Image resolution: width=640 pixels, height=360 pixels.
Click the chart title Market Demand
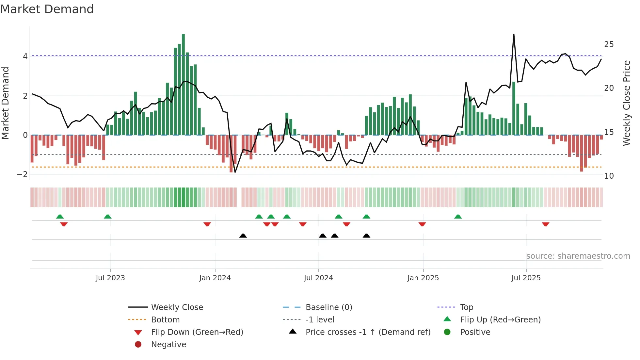[47, 9]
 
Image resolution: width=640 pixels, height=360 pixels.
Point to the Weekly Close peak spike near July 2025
[514, 35]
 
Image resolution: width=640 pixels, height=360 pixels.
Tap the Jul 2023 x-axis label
[110, 278]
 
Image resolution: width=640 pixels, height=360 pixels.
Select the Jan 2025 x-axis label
[423, 278]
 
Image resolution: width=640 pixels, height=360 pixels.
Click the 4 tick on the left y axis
[25, 57]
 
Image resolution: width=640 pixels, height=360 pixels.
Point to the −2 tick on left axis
[23, 174]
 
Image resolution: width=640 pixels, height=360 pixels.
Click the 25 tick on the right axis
[609, 44]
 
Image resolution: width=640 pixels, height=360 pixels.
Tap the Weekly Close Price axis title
[626, 103]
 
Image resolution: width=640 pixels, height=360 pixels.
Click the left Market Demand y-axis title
[5, 103]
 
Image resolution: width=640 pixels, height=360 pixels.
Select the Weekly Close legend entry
[177, 307]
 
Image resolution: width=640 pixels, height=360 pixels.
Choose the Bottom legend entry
[165, 320]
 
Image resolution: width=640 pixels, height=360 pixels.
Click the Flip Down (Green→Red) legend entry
[197, 332]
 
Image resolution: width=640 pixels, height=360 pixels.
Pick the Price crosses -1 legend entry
[368, 332]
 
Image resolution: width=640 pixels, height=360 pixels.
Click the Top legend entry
[466, 307]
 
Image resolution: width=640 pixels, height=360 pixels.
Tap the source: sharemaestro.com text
[578, 256]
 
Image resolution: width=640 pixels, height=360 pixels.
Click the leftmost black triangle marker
[243, 236]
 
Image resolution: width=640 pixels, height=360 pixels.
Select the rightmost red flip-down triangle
[545, 224]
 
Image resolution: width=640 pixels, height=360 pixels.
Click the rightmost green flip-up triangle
[458, 217]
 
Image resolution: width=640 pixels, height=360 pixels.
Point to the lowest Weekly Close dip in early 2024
[235, 172]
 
